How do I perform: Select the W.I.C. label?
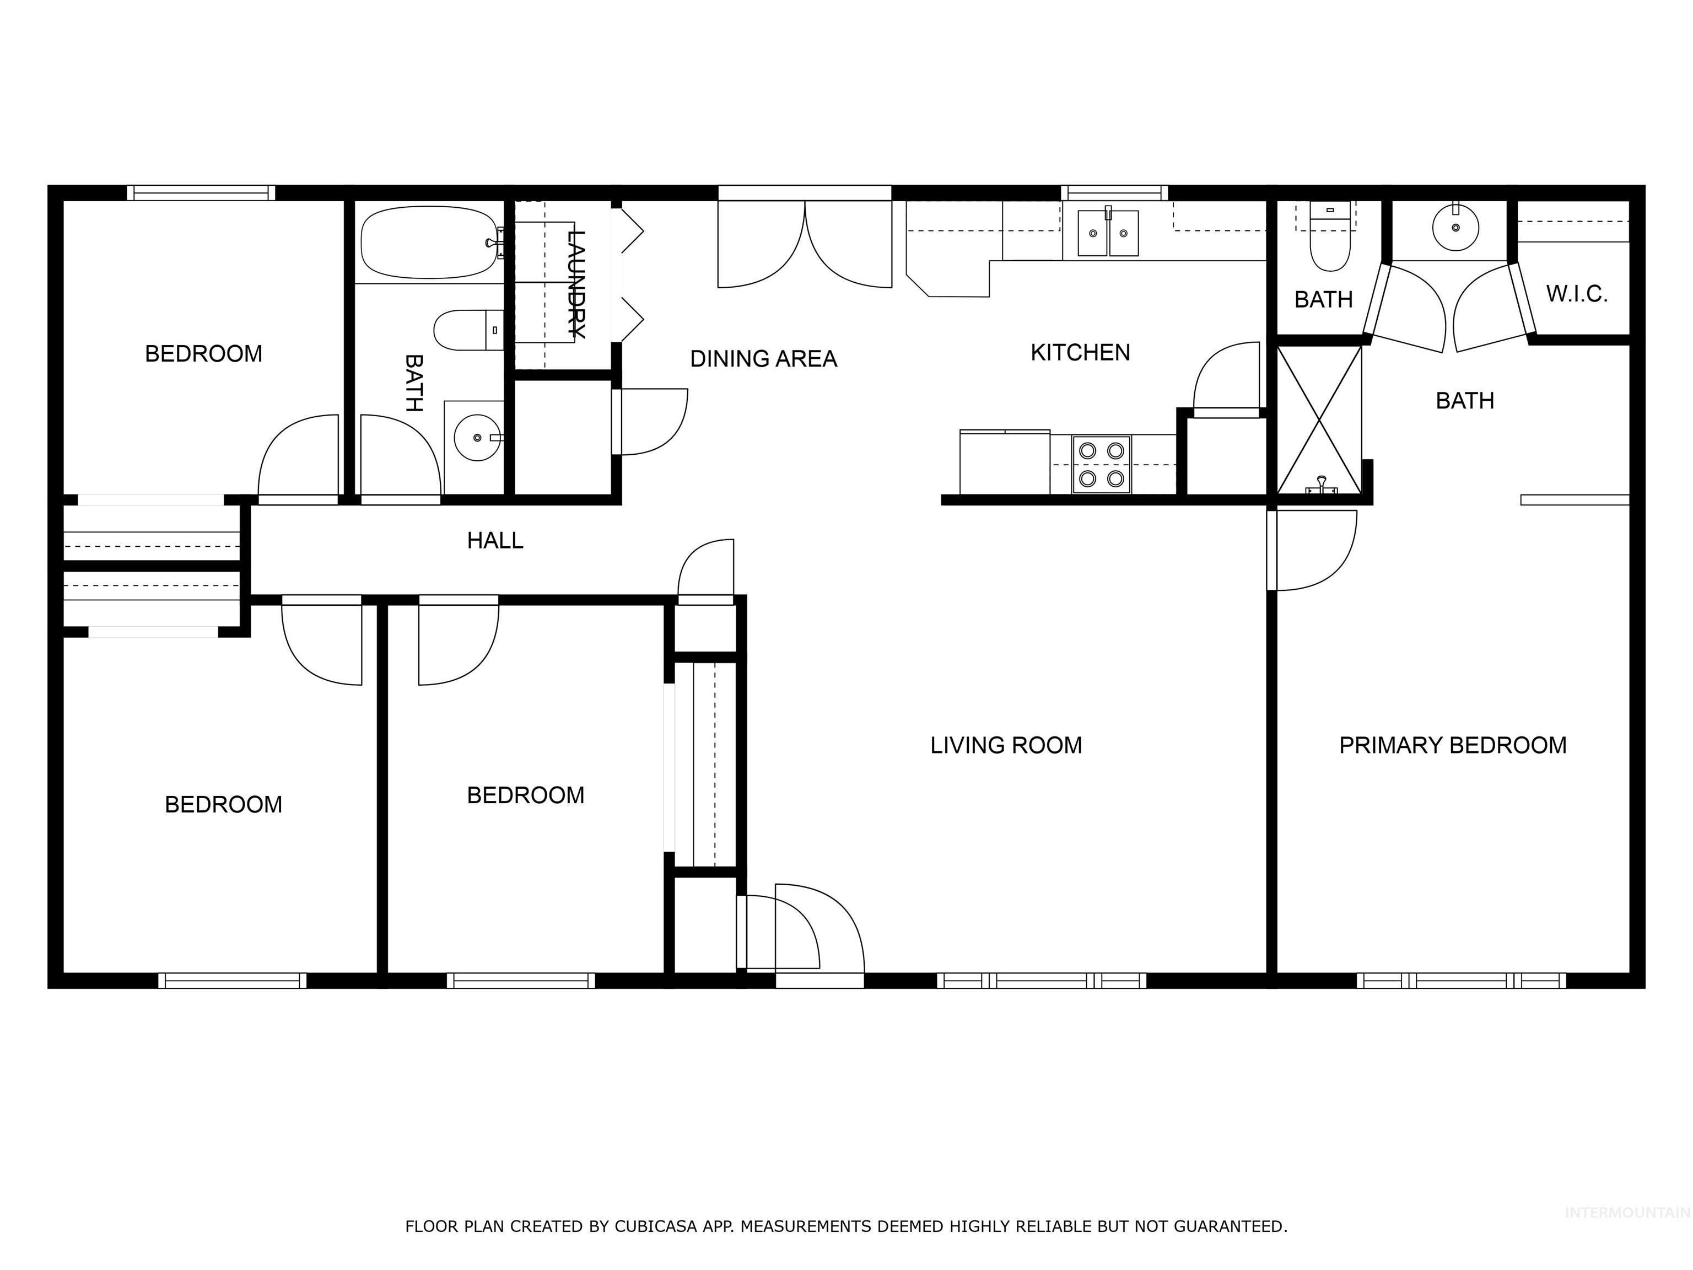[1576, 294]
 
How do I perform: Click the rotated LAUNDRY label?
[575, 283]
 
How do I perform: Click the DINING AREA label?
[763, 359]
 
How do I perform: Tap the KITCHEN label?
[1080, 353]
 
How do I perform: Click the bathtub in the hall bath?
[429, 242]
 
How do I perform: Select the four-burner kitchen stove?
[1101, 465]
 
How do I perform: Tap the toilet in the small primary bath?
[1330, 244]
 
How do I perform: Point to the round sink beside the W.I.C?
[1455, 227]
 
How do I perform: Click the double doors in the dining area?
[805, 244]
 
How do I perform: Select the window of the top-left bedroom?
[201, 193]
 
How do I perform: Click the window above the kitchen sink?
[1114, 193]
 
